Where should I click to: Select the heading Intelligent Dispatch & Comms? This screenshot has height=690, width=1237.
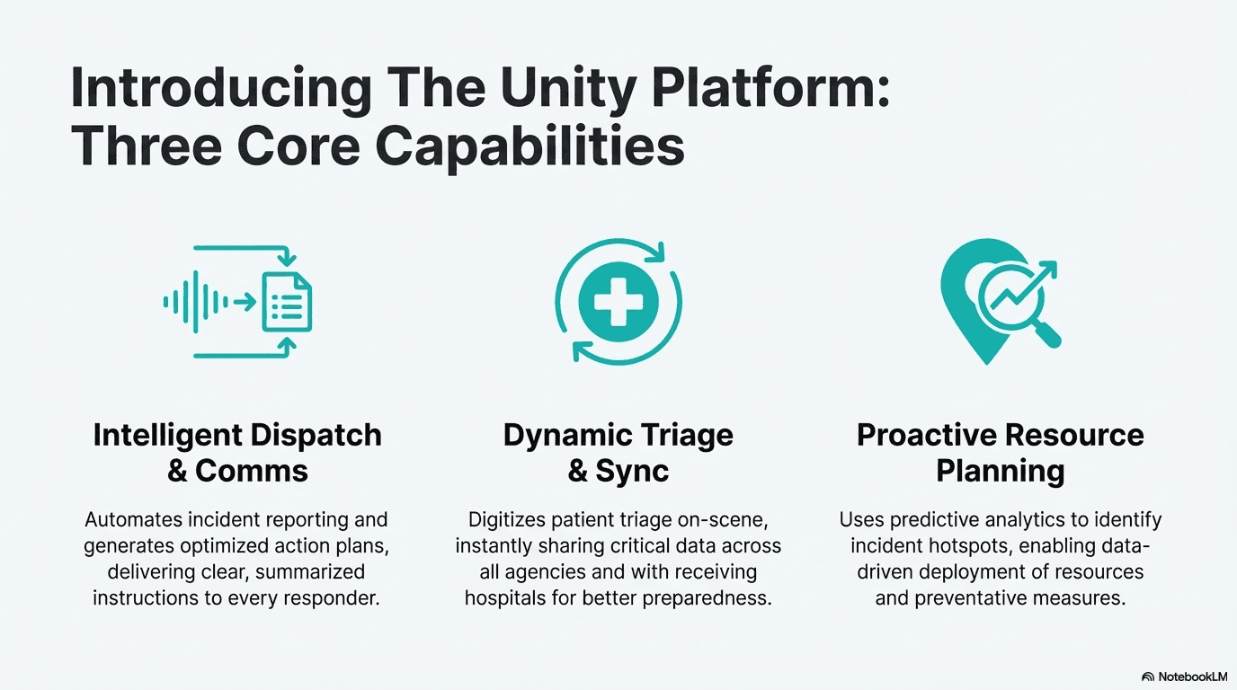tap(237, 452)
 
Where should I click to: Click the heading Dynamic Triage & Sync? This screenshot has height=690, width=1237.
tap(618, 452)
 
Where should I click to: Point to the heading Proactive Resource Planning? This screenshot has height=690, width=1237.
tap(1000, 452)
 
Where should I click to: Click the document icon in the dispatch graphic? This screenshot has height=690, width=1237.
tap(287, 303)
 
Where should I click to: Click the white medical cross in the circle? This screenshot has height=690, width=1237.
tap(618, 301)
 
